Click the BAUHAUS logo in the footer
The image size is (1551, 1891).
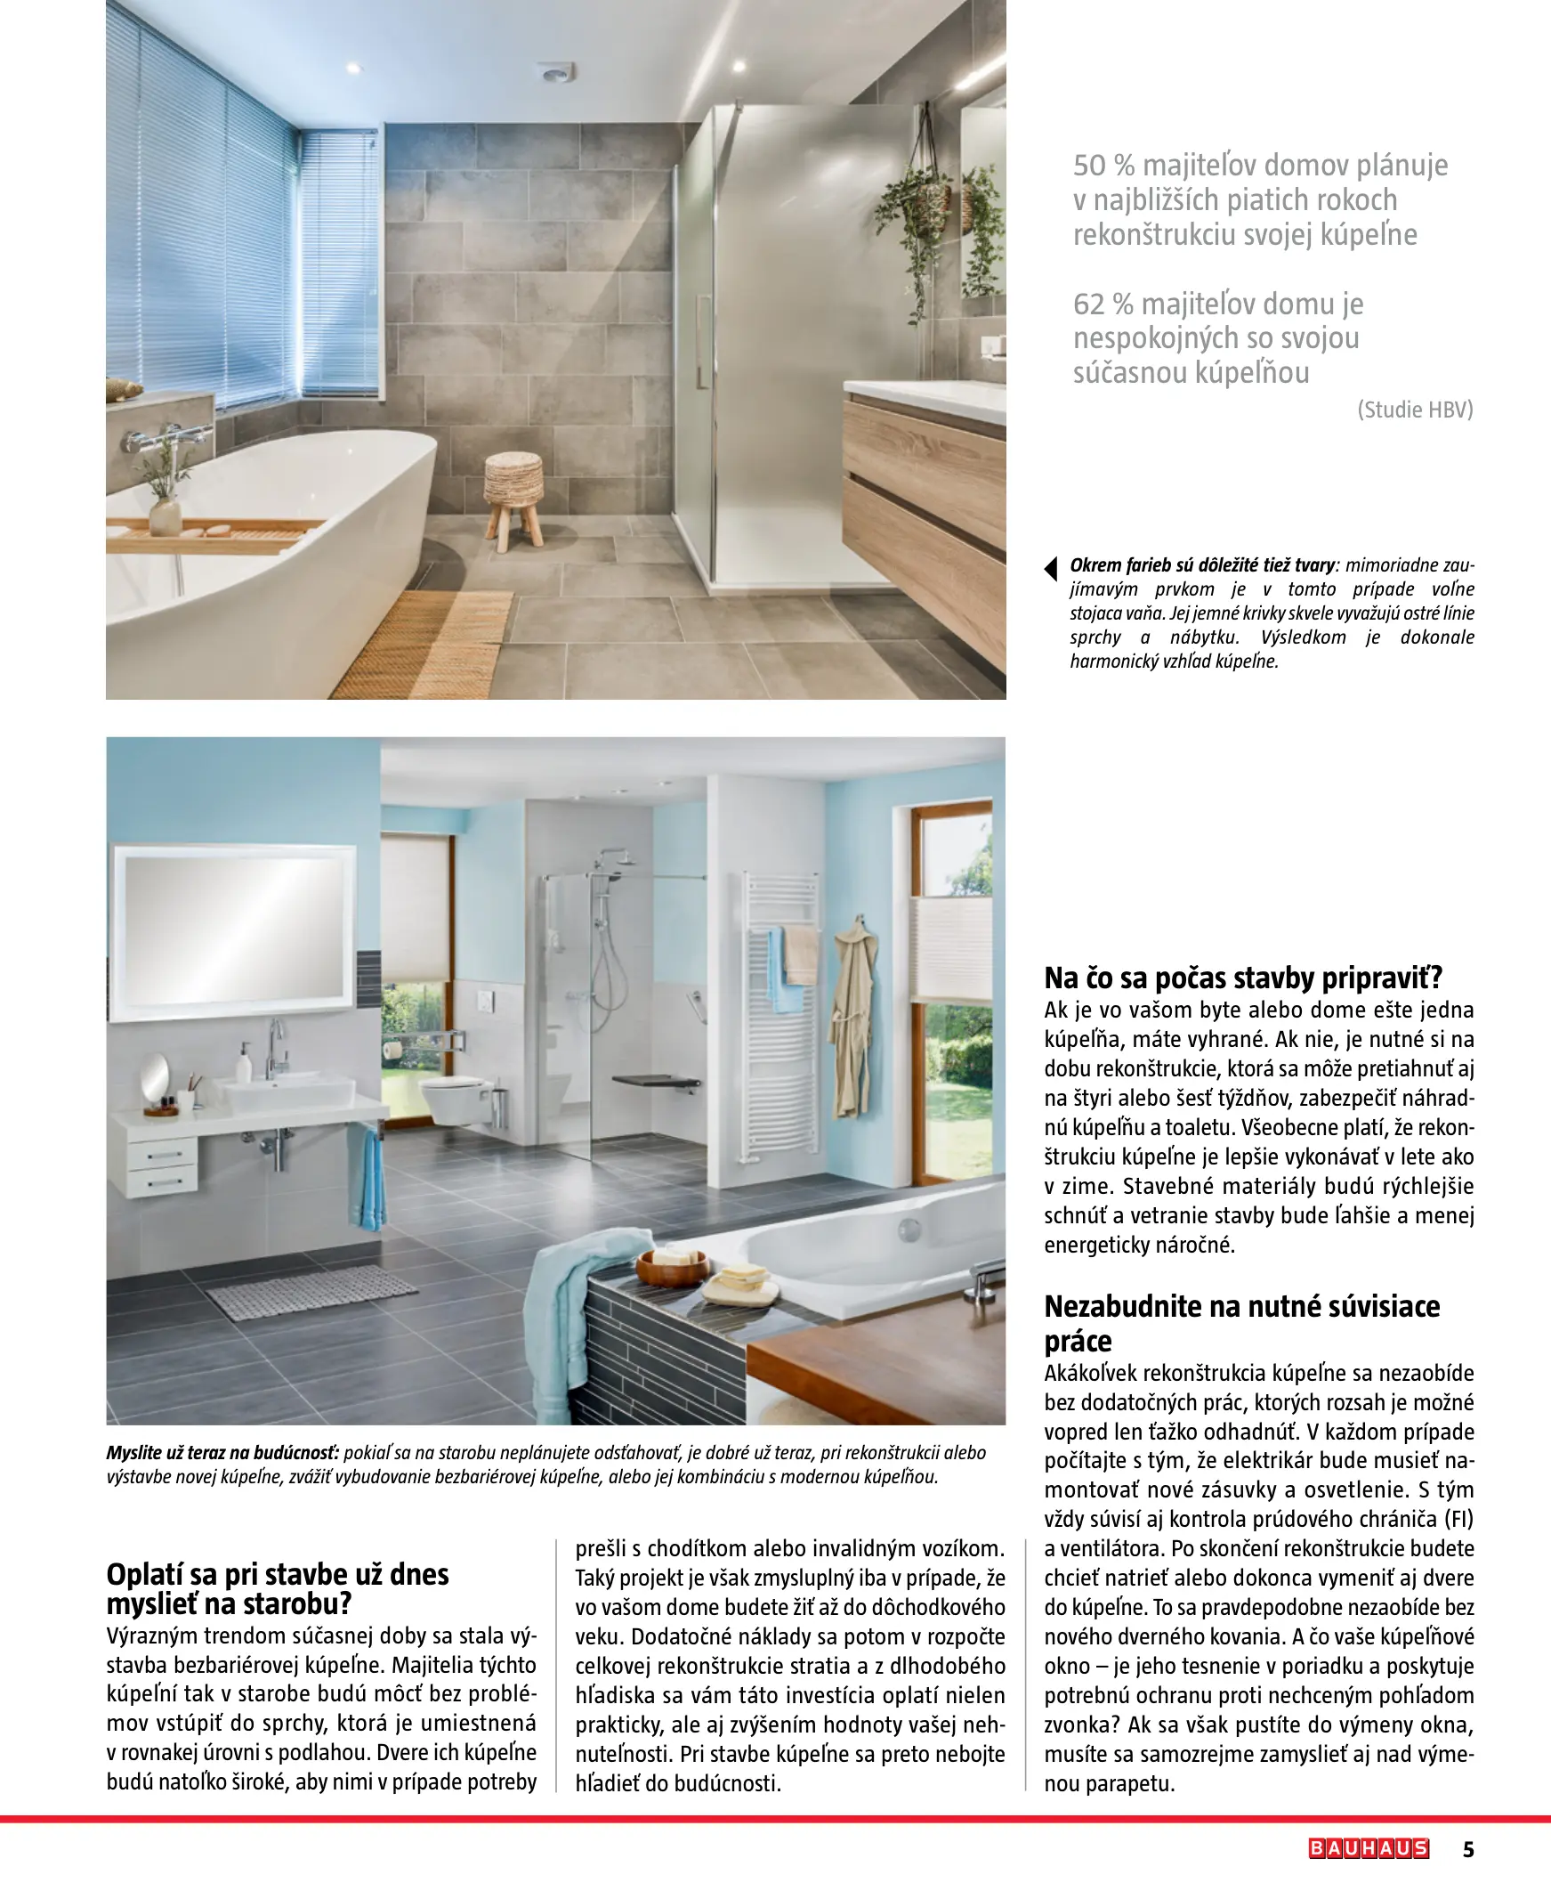1369,1848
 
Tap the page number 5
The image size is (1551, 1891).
1469,1849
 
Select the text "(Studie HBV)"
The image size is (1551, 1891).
1415,410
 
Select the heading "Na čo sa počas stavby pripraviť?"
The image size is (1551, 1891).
1243,978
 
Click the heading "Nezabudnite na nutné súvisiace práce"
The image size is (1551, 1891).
1242,1323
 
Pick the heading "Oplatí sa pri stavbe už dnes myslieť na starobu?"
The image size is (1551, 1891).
278,1588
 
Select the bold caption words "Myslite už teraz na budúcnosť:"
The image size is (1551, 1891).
222,1452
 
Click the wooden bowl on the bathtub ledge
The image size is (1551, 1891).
672,1265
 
